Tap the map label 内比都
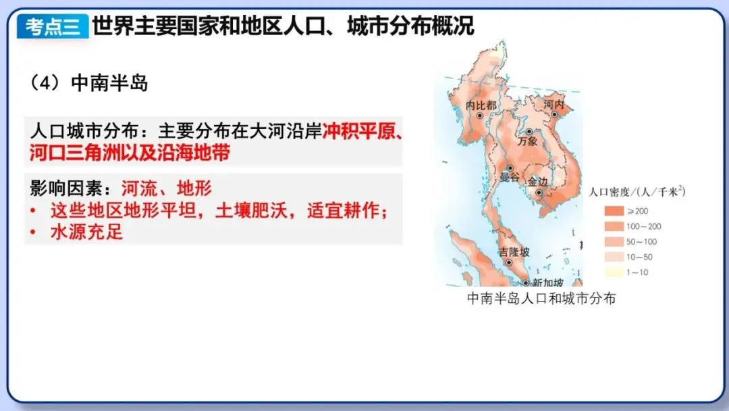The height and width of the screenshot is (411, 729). [x=481, y=105]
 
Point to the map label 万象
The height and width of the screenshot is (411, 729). [x=527, y=142]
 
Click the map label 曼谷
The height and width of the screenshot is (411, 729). [x=510, y=178]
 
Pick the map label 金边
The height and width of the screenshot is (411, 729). [x=538, y=181]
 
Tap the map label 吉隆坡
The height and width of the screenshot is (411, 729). [x=514, y=252]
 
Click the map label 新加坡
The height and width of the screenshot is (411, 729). [x=547, y=282]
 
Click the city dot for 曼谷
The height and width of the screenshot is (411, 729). [x=510, y=168]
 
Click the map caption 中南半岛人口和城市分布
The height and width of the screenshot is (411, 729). [x=541, y=298]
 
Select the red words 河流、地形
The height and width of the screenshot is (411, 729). [x=167, y=189]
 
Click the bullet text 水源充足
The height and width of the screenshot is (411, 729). [x=86, y=232]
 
